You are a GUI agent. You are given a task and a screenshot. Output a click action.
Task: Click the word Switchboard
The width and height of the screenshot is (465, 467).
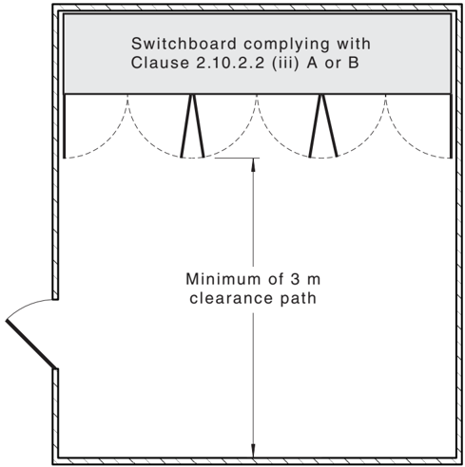click(184, 44)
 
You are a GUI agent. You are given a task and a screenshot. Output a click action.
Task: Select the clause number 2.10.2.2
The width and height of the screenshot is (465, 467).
click(230, 63)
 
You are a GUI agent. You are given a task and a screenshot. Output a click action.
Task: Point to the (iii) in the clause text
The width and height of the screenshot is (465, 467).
click(285, 63)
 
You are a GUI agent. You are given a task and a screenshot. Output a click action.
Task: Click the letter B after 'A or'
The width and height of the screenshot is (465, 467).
click(354, 63)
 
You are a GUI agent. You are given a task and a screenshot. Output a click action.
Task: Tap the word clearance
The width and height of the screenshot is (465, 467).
click(231, 298)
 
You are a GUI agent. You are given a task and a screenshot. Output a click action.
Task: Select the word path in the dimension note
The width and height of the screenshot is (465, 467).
click(298, 299)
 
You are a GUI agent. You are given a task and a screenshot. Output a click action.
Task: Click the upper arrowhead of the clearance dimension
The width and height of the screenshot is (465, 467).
click(253, 165)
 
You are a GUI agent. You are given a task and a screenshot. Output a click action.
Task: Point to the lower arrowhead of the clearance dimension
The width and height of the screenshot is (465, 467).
click(253, 451)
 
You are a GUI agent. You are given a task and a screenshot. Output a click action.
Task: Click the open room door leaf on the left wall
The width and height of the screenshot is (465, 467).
click(31, 345)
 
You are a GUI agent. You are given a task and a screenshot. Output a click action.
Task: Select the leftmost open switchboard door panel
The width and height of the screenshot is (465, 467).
click(65, 126)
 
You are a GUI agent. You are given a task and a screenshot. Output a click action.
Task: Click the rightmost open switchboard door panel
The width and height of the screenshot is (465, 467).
click(451, 126)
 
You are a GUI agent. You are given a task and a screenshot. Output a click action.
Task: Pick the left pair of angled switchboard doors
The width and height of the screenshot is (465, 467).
click(192, 126)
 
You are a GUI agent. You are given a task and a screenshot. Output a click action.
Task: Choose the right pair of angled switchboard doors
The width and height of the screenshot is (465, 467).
click(323, 126)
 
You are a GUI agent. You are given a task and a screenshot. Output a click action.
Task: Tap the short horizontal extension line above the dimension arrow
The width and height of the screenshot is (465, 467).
click(237, 158)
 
